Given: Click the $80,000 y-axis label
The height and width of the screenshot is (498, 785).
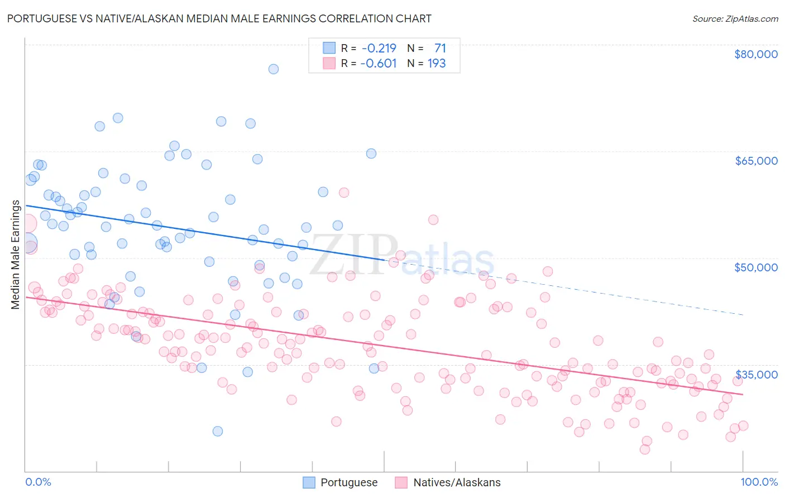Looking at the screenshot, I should (755, 54).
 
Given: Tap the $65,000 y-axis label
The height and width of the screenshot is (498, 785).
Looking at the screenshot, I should (755, 161).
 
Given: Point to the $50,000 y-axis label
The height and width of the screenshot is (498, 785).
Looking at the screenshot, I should (755, 267).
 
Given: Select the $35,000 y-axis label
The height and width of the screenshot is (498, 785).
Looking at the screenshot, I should (755, 374).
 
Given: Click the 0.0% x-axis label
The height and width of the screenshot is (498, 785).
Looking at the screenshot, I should (38, 482).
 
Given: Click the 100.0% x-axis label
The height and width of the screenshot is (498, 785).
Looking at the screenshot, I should (759, 482).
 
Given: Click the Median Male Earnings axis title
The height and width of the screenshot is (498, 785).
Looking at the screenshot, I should (15, 255).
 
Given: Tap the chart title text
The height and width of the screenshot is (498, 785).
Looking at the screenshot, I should (219, 18).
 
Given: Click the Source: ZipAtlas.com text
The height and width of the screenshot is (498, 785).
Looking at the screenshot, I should (735, 18).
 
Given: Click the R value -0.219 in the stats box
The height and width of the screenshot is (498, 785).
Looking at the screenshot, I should (379, 48).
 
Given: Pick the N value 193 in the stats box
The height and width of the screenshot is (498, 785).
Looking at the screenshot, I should (437, 63).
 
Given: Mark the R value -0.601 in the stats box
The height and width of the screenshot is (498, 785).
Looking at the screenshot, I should (379, 63).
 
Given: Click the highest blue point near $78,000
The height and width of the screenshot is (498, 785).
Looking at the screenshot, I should (274, 69).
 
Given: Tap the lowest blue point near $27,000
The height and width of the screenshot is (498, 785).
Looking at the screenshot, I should (218, 431).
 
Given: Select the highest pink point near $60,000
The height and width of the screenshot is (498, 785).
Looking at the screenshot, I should (344, 193).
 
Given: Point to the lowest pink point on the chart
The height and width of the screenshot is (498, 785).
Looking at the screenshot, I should (645, 449).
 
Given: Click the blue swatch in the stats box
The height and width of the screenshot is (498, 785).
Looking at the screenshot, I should (329, 48).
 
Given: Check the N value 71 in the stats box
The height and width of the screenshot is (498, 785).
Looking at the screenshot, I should (440, 48).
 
